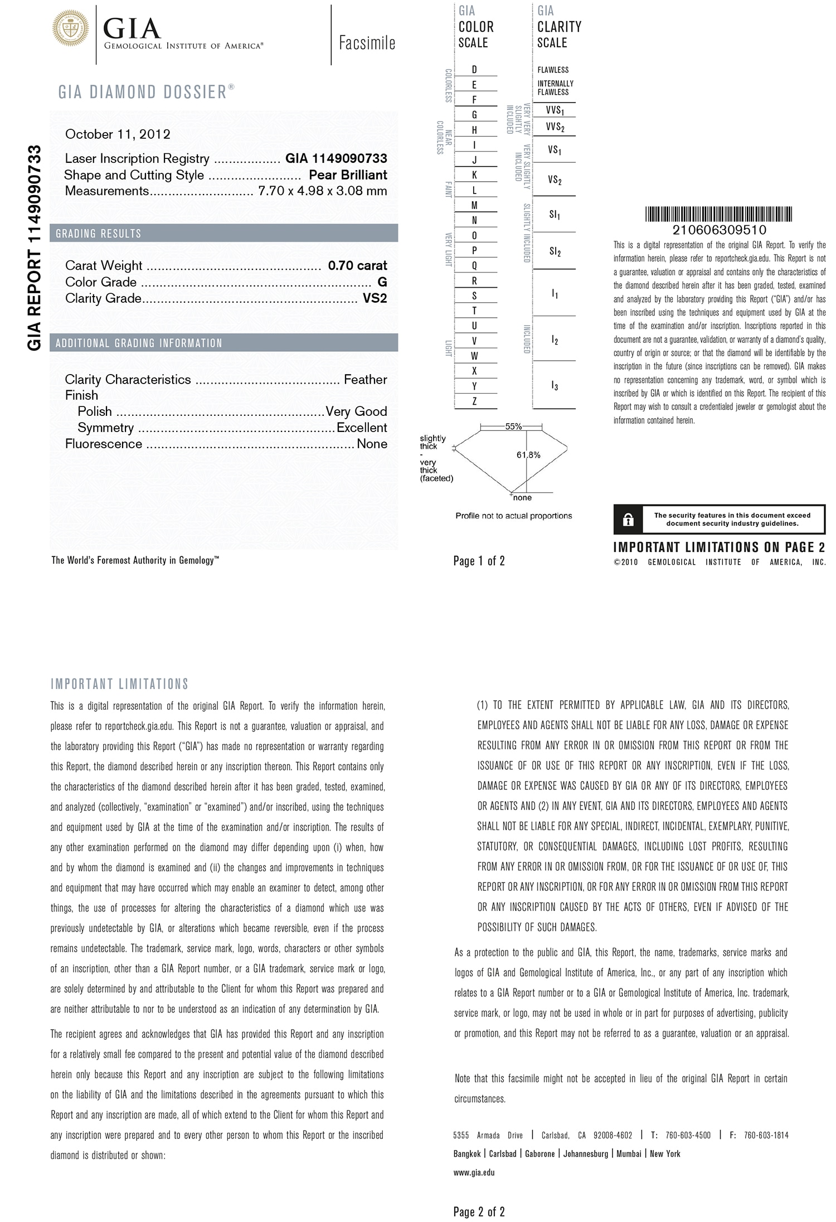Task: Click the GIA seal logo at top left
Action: click(71, 27)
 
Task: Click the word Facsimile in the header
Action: click(367, 43)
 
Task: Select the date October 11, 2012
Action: click(118, 134)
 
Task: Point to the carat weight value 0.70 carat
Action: click(357, 265)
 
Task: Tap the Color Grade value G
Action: click(382, 282)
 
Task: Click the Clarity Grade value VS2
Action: click(375, 298)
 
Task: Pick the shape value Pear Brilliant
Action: click(348, 175)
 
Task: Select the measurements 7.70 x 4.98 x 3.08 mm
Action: click(323, 191)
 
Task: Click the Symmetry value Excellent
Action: click(362, 428)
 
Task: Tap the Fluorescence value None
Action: click(372, 444)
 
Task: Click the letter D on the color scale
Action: click(474, 70)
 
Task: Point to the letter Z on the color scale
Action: click(474, 401)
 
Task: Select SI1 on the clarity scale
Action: click(555, 215)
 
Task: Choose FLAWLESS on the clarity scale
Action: click(553, 70)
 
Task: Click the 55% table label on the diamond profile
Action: click(513, 426)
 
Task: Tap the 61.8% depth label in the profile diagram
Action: click(528, 455)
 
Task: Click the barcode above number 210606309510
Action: click(719, 214)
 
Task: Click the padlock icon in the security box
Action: click(628, 520)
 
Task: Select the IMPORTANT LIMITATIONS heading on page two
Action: click(120, 684)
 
